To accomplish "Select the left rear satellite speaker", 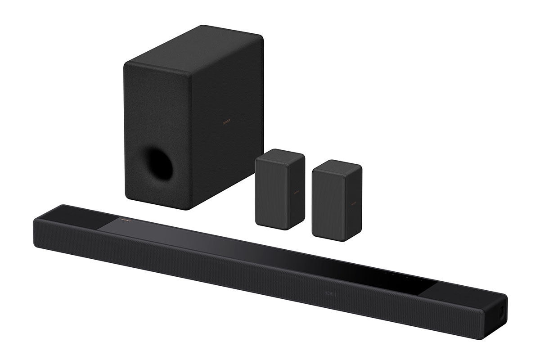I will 279,189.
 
